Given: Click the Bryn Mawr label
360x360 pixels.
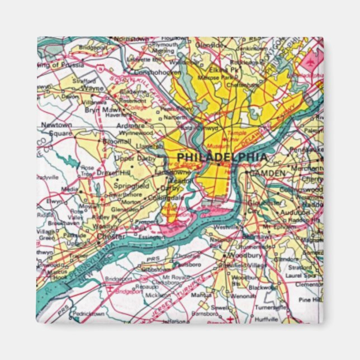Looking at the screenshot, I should click(x=98, y=110).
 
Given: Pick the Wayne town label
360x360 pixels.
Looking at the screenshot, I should click(x=93, y=88).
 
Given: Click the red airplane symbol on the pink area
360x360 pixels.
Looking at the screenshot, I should click(x=310, y=60).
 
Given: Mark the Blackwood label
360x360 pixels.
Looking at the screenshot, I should click(x=260, y=287).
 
